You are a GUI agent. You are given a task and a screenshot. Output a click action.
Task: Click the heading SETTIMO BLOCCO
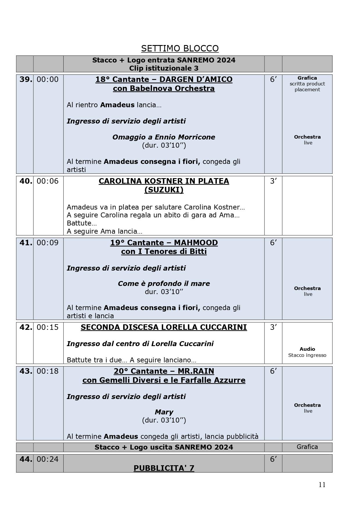point(180,48)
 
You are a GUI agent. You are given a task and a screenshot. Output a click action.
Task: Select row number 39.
point(26,79)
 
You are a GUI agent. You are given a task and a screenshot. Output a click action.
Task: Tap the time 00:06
point(48,181)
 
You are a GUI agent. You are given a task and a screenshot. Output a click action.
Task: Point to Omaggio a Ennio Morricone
point(164,137)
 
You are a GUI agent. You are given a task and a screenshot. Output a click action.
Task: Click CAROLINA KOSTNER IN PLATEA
point(164,181)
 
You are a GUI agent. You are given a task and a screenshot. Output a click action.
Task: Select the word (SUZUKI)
point(164,190)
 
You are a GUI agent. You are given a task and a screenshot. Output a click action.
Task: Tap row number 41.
point(26,243)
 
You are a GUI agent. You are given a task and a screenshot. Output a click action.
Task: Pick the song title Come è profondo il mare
point(164,284)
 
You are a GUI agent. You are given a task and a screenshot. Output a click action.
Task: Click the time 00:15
point(48,327)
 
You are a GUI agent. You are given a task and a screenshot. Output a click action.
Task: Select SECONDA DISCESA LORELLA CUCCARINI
point(164,327)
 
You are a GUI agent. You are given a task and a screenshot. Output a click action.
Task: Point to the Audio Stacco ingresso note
point(307,352)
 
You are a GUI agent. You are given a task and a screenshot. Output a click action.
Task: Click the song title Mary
point(164,412)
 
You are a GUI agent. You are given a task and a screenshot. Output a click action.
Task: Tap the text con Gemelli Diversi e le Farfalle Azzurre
point(164,380)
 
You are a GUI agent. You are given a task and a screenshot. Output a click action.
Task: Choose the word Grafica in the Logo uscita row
point(307,447)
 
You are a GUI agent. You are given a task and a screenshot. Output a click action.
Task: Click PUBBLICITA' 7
point(164,468)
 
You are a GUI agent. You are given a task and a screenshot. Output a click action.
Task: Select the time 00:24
point(48,459)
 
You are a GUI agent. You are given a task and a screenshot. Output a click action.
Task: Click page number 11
point(322,484)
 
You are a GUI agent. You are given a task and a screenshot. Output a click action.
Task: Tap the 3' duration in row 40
point(273,181)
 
